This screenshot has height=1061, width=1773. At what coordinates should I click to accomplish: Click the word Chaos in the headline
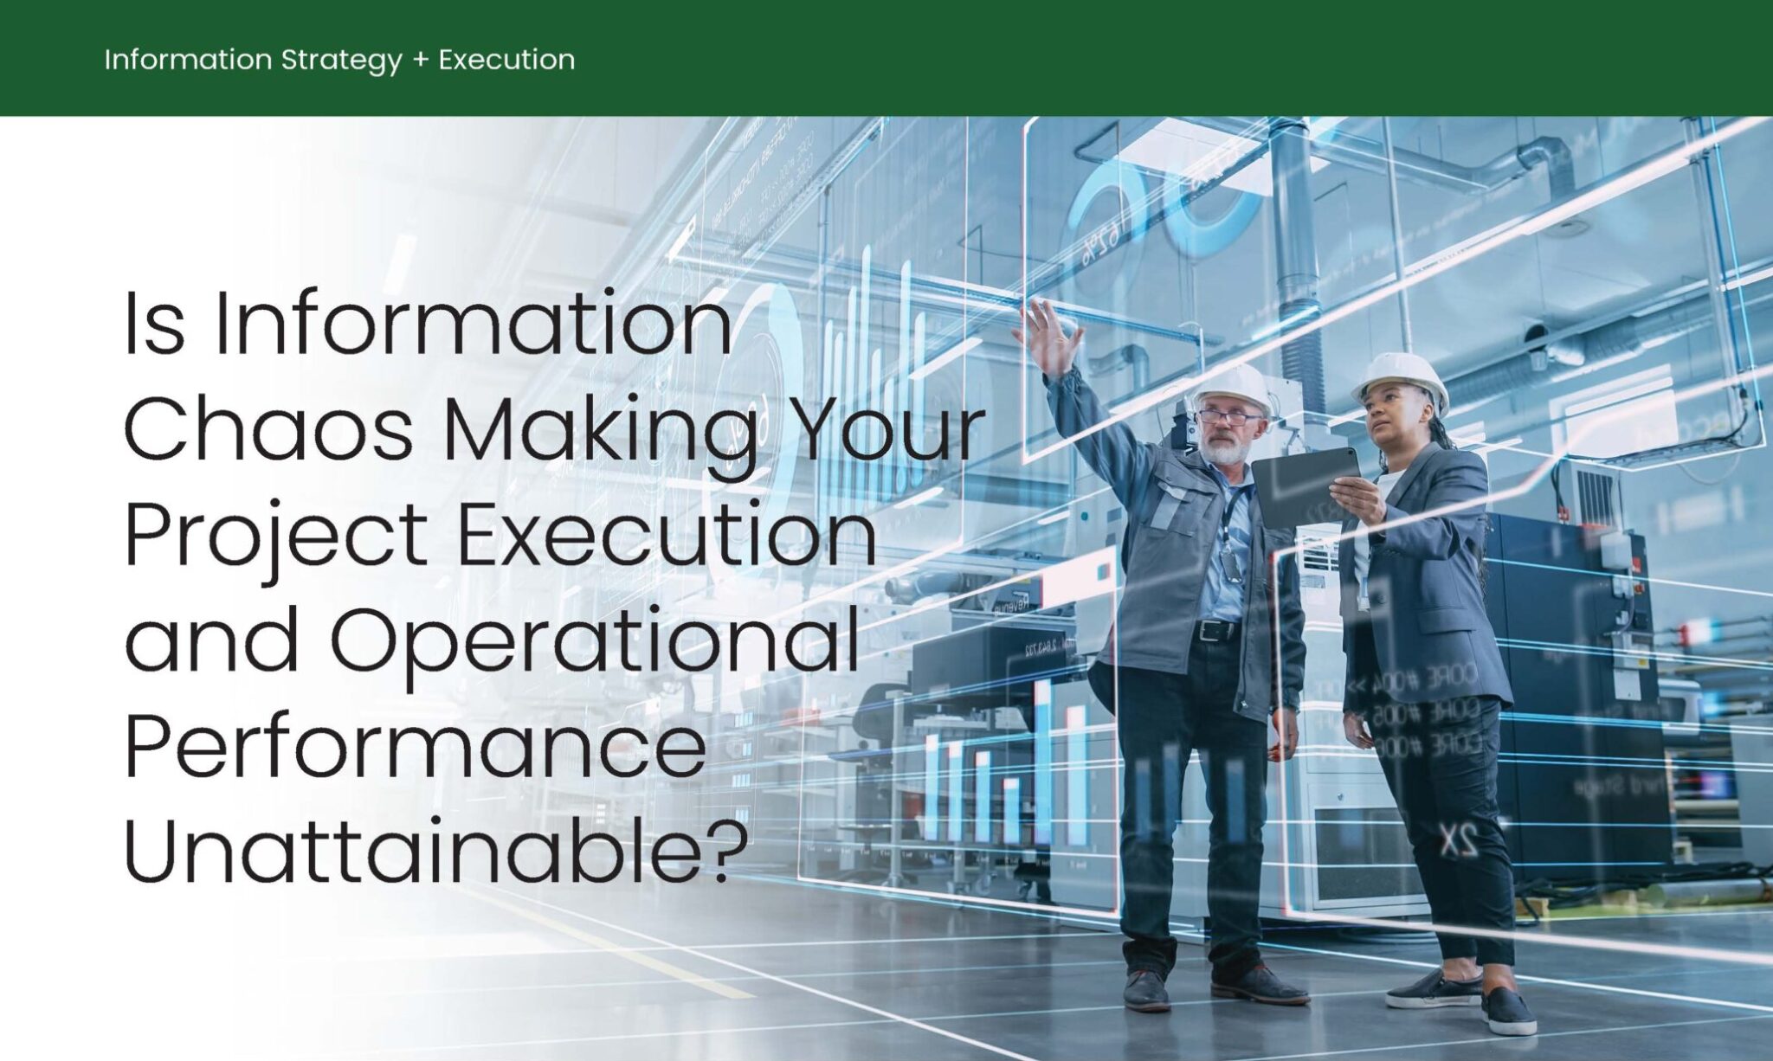point(268,430)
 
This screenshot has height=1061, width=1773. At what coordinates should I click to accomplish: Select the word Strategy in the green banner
point(341,60)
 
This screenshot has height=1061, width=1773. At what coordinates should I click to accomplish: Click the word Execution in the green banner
point(506,60)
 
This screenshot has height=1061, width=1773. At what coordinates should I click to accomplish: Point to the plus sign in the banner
point(421,61)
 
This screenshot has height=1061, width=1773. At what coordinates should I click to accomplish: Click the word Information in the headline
point(473,327)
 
